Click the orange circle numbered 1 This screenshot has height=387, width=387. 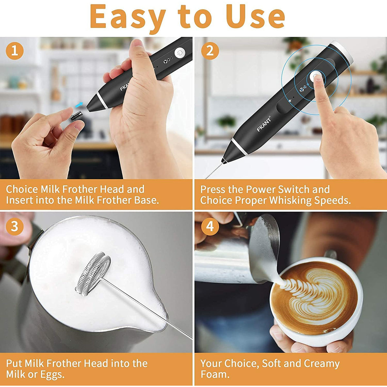[15, 51]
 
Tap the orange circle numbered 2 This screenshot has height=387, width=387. [210, 51]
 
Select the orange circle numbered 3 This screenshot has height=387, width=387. [15, 226]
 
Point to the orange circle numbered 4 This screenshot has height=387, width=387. [210, 226]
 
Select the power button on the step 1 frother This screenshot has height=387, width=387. [179, 53]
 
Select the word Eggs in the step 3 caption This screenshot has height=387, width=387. [52, 375]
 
